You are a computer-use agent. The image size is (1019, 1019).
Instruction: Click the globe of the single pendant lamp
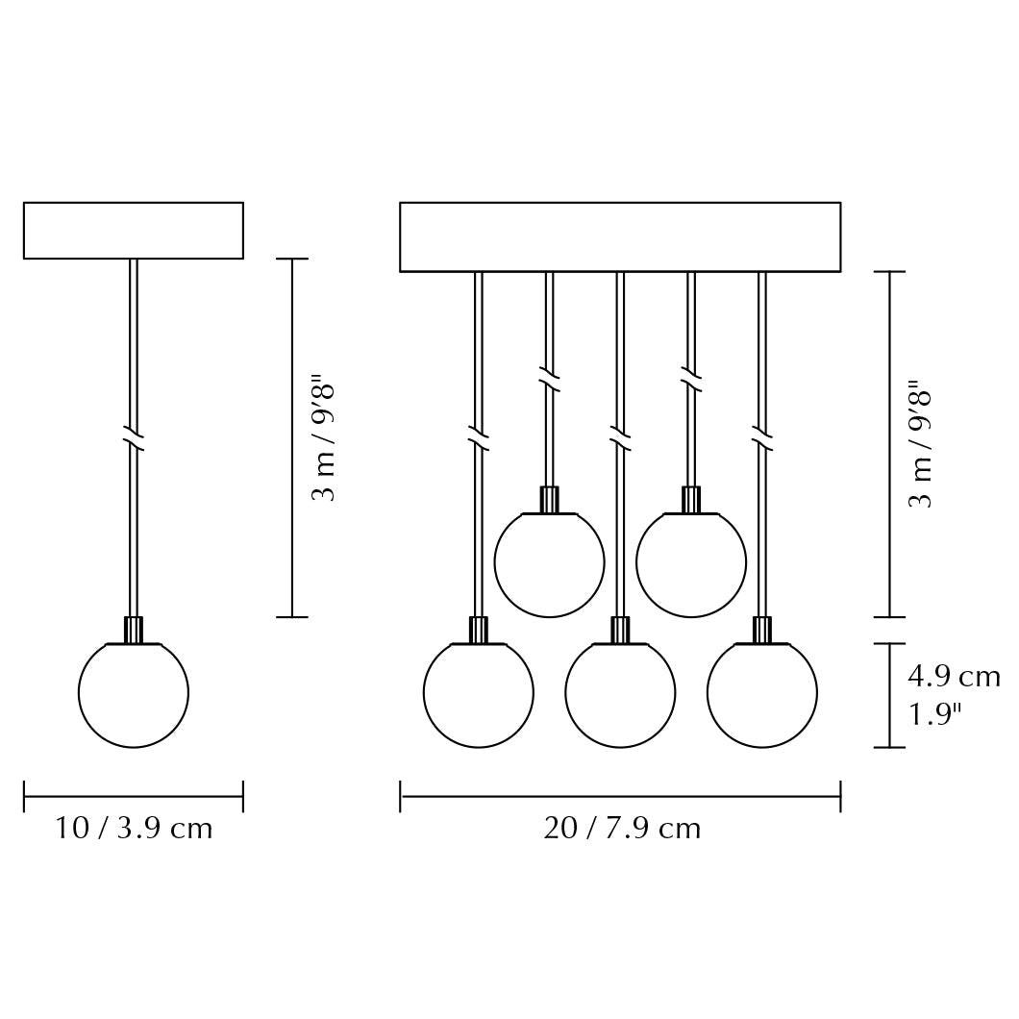134,695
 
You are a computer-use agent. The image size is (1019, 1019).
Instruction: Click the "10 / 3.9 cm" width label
134,829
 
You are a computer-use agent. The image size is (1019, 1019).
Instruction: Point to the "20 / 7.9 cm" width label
622,829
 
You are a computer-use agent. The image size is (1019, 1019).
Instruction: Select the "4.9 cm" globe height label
954,677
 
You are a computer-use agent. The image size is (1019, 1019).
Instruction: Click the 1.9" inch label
934,715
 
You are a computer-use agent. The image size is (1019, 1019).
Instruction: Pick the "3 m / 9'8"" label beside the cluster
920,448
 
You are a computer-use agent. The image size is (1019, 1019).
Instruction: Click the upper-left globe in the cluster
549,564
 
